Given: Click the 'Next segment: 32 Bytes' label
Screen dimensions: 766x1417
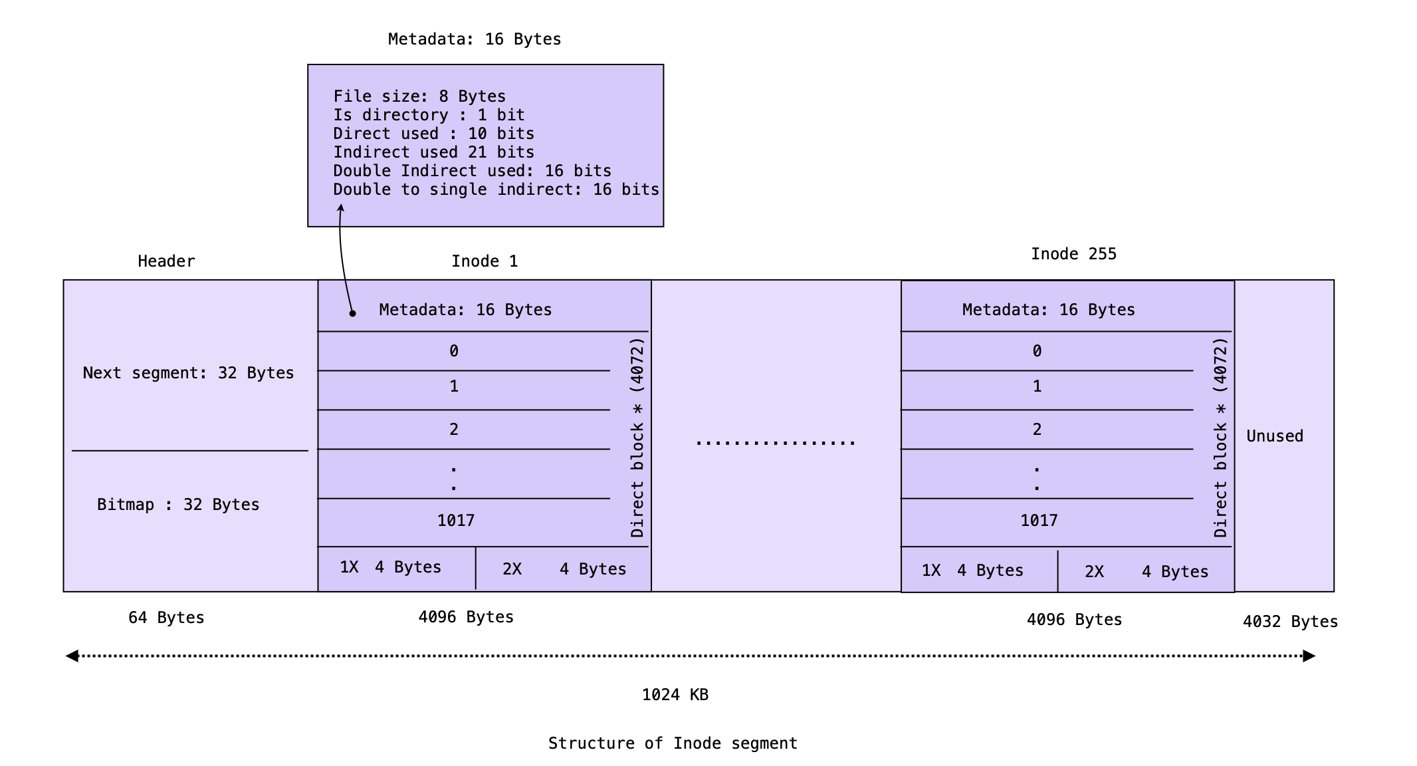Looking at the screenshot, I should (188, 373).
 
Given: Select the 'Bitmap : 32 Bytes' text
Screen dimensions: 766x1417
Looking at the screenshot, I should (178, 505).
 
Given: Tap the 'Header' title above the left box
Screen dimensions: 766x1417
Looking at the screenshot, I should (166, 261).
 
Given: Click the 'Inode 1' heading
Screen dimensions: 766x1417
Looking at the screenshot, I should (485, 261).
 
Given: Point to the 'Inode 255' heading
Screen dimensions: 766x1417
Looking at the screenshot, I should (1073, 254).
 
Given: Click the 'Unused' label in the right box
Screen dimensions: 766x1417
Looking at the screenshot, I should (1274, 436).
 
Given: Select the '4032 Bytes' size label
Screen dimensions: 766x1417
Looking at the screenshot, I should (1290, 622).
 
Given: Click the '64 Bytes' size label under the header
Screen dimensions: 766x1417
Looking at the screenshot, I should (166, 618).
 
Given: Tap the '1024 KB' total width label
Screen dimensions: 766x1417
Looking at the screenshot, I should (675, 695).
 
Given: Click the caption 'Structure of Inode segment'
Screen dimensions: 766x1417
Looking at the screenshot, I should (673, 743).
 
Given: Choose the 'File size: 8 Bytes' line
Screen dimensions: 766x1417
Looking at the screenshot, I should (419, 96).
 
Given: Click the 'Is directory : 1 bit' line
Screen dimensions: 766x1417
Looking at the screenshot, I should (429, 115).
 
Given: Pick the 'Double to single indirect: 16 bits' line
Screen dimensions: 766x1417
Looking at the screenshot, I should (496, 190).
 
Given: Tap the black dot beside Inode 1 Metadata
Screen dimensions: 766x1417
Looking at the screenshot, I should (353, 313).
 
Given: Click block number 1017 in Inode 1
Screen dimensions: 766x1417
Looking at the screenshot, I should (456, 521).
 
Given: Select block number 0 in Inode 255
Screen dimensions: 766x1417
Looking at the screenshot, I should (1037, 351).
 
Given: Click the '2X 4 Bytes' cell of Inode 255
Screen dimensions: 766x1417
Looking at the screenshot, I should (1146, 571).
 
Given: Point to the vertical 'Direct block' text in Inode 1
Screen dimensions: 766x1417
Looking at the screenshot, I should (637, 438).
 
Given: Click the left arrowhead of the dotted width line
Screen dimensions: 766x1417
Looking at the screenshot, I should (72, 656).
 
